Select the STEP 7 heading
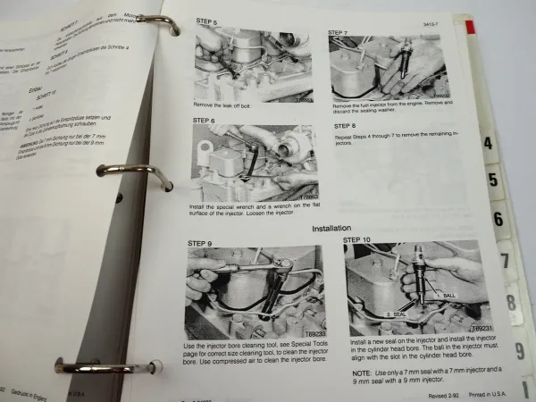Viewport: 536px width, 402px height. pyautogui.click(x=338, y=33)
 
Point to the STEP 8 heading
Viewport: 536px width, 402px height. pyautogui.click(x=347, y=125)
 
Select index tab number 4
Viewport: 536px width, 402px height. pyautogui.click(x=490, y=144)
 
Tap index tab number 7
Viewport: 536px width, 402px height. pyautogui.click(x=506, y=262)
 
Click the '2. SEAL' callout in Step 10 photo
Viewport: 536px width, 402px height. pyautogui.click(x=397, y=314)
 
